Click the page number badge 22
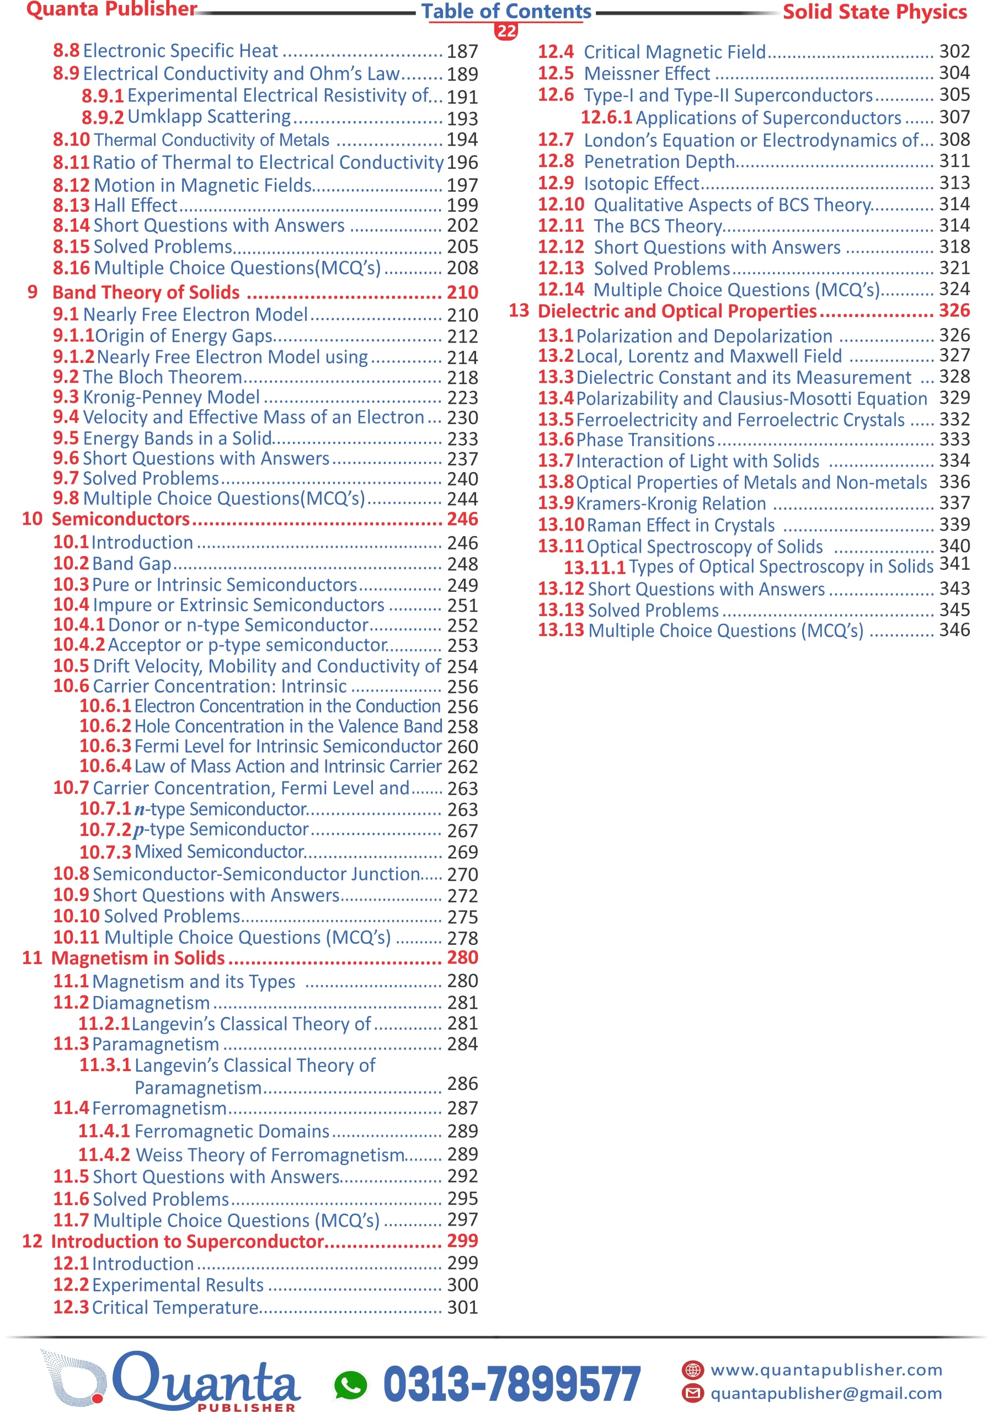point(506,31)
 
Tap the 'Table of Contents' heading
point(506,12)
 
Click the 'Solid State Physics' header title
point(874,12)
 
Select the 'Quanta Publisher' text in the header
point(111,9)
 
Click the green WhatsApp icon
point(350,1384)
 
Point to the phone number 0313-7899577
point(512,1384)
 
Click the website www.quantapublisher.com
point(826,1370)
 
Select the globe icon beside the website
point(693,1370)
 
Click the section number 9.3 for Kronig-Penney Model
point(66,397)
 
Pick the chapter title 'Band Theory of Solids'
point(146,292)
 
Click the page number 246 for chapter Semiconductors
point(463,519)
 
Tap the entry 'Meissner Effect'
point(647,74)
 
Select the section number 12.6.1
point(606,117)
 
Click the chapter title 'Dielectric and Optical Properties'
point(677,311)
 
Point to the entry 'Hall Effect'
point(135,205)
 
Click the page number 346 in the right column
point(954,630)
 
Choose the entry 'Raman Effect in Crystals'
point(680,525)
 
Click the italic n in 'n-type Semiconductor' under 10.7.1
point(140,809)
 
